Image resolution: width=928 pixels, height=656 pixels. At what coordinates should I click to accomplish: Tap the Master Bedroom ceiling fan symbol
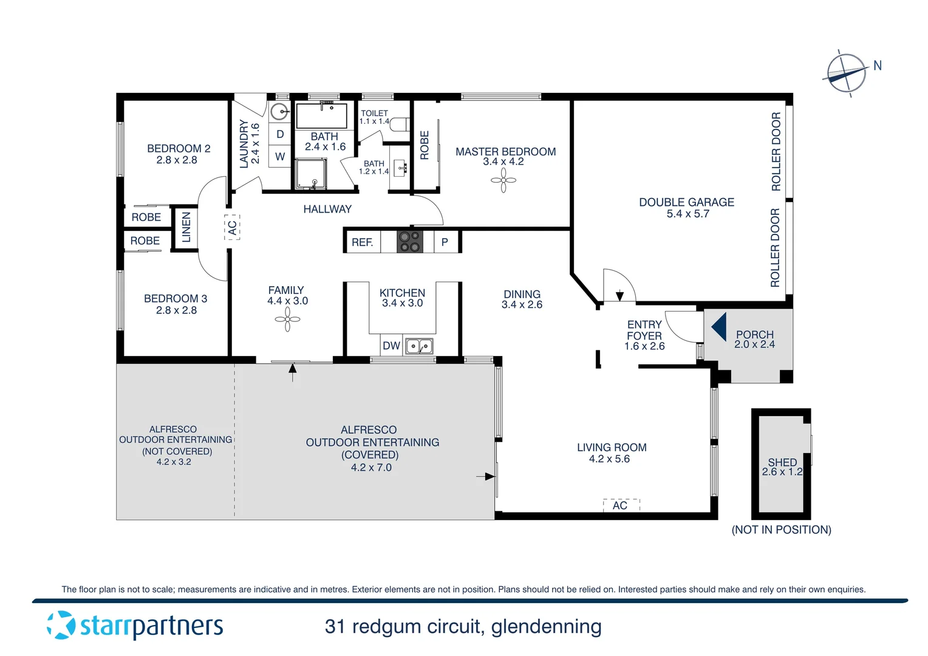click(x=503, y=180)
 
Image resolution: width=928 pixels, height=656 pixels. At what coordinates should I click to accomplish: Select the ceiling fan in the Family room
click(x=287, y=319)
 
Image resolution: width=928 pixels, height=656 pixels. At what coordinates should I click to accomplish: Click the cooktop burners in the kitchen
click(x=409, y=241)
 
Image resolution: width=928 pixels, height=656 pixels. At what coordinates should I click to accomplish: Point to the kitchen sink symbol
click(x=419, y=346)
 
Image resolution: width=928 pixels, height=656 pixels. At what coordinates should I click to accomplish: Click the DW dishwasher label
click(x=391, y=346)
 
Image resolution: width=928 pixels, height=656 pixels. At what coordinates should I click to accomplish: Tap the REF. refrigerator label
click(x=362, y=242)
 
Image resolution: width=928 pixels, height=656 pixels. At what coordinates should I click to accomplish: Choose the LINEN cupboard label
click(x=186, y=227)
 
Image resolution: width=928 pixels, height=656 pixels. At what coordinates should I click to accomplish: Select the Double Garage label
click(x=686, y=202)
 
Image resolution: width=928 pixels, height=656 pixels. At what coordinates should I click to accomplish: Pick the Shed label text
click(x=782, y=462)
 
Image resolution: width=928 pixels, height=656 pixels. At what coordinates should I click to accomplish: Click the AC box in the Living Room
click(x=620, y=505)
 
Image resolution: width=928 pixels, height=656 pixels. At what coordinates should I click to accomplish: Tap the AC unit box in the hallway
click(x=232, y=227)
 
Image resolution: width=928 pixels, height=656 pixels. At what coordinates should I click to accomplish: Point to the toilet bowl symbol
click(x=399, y=125)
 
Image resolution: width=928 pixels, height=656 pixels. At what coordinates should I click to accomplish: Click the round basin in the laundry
click(x=279, y=112)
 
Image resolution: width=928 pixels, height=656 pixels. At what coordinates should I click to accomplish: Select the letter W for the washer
click(x=280, y=156)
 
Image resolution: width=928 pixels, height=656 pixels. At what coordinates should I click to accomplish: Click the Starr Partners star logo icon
click(x=61, y=625)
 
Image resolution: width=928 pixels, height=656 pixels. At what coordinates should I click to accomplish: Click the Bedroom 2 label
click(x=179, y=148)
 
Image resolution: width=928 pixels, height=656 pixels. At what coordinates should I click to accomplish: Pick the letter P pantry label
click(x=445, y=242)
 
